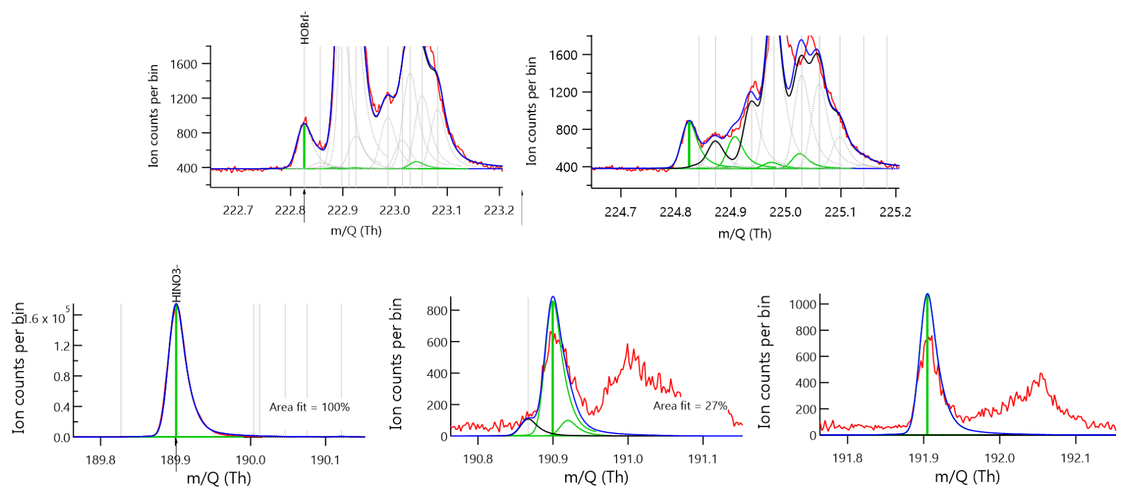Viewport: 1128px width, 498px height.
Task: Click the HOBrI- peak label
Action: point(305,28)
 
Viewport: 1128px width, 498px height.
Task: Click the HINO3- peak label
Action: point(176,284)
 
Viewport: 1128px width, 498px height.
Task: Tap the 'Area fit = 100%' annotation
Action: point(309,407)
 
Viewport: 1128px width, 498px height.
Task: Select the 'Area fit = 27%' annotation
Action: point(690,406)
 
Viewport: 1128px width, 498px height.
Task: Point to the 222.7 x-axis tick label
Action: point(238,210)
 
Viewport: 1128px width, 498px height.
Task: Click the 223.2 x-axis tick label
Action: point(499,210)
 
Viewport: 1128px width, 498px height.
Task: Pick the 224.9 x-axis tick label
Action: point(730,212)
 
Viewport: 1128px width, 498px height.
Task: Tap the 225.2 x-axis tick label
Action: point(895,212)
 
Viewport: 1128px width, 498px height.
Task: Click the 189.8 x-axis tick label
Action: point(101,460)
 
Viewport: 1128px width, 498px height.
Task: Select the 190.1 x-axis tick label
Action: point(326,460)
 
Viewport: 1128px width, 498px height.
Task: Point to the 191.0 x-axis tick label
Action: point(628,459)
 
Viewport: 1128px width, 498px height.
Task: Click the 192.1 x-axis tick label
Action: point(1076,458)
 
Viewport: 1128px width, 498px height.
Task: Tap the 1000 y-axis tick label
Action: point(802,304)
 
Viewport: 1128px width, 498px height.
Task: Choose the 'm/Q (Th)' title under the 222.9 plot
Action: point(356,231)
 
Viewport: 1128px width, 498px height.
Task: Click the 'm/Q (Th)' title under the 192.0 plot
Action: point(967,477)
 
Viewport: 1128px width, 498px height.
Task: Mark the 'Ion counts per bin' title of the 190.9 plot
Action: point(396,364)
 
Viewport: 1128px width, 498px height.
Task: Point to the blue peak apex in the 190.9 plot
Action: point(553,296)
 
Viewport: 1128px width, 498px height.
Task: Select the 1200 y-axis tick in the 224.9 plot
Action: point(563,92)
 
